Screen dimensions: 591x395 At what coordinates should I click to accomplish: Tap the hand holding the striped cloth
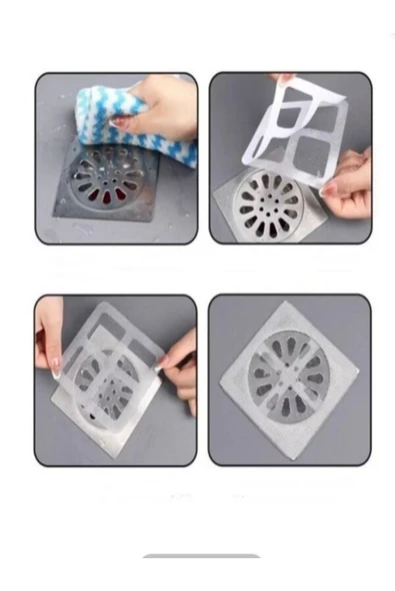(160, 105)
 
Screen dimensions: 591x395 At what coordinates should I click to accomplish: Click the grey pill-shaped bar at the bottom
(201, 555)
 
